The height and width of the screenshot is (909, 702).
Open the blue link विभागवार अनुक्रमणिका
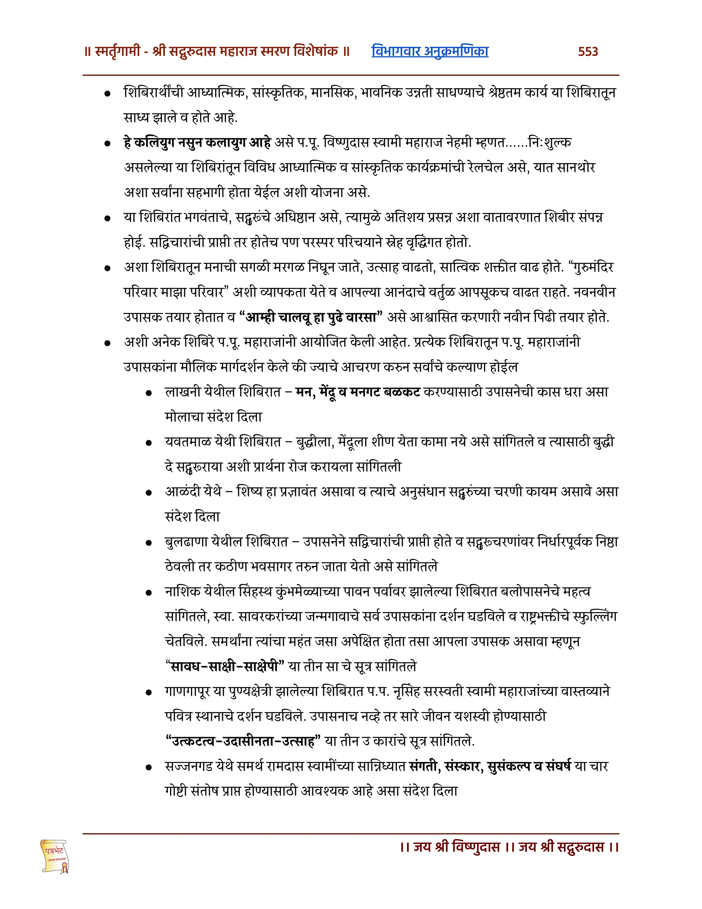click(430, 51)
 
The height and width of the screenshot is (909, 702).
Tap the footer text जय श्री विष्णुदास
click(456, 847)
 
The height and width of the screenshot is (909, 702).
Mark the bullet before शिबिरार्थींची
click(107, 94)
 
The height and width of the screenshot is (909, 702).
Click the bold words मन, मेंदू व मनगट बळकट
click(358, 392)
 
